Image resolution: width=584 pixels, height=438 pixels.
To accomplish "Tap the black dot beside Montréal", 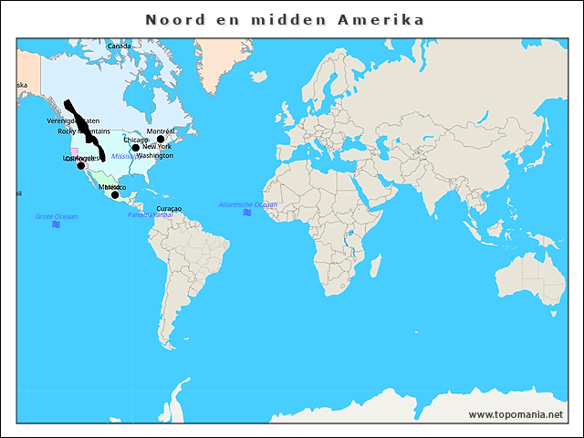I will pos(161,140).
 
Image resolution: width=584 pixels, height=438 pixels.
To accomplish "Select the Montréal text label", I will pos(161,130).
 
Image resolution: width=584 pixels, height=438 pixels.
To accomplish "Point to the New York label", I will pos(156,146).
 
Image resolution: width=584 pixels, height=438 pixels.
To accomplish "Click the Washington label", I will pos(154,155).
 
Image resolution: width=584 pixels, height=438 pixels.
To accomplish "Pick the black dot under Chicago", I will pos(135,148).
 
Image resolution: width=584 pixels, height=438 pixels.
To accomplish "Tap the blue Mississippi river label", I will pos(124,156).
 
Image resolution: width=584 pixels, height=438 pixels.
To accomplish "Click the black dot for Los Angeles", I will pos(80,165).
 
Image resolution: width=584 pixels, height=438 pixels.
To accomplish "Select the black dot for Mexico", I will pos(115,194).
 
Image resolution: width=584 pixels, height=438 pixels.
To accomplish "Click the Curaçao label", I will pos(169,208).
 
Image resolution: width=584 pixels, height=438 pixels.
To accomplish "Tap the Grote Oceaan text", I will pos(57,216).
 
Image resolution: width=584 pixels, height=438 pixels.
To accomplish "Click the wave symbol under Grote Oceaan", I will pos(57,224).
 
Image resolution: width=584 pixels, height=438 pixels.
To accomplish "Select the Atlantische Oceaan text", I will pos(247,204).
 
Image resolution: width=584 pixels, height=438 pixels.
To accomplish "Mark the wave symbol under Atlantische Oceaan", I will pos(247,213).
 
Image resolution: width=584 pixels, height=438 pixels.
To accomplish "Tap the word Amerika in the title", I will pos(384,19).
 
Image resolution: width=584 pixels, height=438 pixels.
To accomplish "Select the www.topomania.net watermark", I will pos(516,414).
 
